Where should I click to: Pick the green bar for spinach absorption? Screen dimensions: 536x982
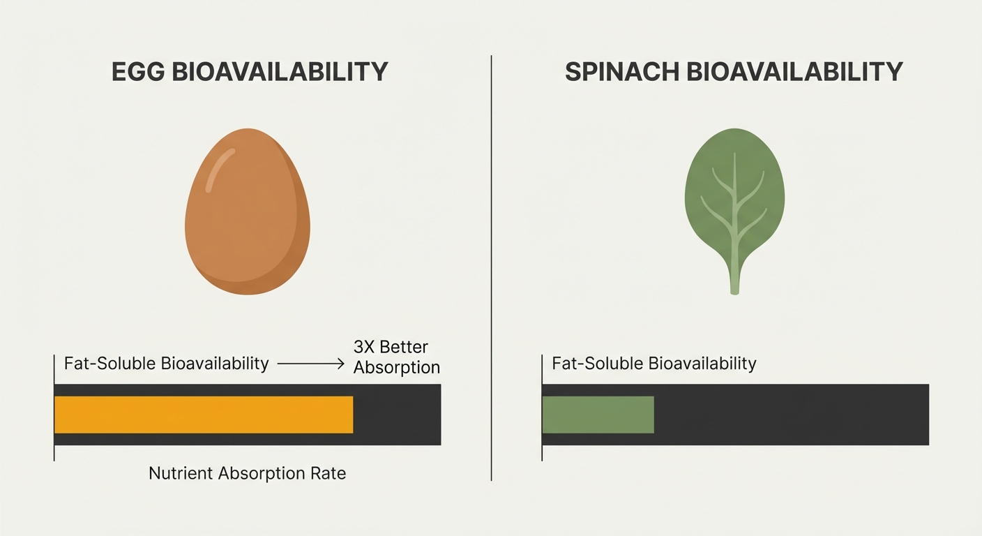[x=598, y=415]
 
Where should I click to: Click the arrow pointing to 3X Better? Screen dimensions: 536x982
[x=310, y=364]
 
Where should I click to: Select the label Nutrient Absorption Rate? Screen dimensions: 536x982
[x=247, y=473]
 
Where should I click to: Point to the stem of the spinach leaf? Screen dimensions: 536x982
[x=734, y=276]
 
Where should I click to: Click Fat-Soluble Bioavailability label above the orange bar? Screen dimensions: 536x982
[x=166, y=364]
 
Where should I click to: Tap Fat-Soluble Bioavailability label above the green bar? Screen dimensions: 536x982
[x=654, y=364]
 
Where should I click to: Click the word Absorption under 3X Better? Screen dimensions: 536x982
[x=396, y=367]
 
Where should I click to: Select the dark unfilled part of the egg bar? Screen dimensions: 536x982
[x=397, y=415]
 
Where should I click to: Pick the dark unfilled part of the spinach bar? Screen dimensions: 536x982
[x=791, y=415]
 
